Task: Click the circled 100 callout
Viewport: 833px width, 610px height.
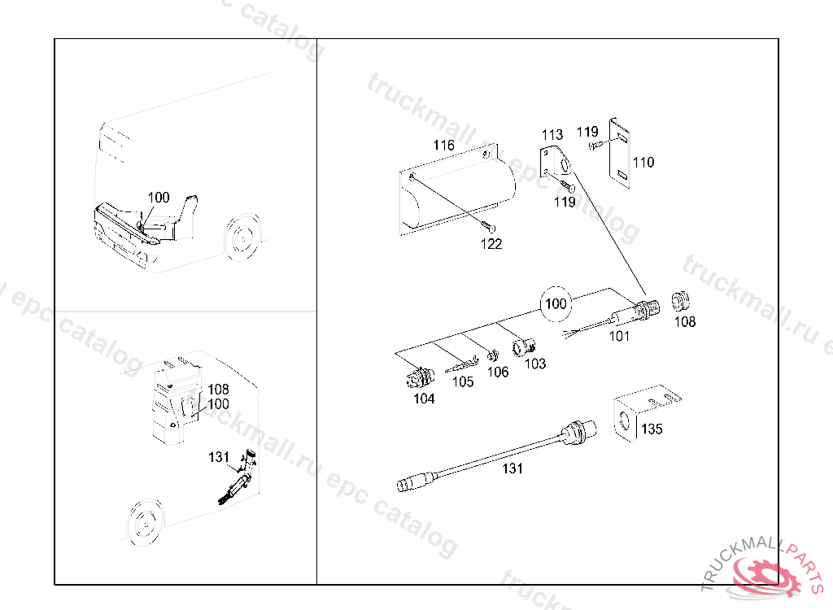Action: coord(556,304)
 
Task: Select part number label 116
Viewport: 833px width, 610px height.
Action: coord(443,146)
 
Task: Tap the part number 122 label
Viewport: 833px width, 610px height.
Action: coord(491,243)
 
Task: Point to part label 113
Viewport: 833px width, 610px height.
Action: coord(552,134)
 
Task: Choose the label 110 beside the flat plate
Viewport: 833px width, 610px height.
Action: coord(643,163)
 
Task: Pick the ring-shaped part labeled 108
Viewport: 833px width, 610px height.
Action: coord(680,303)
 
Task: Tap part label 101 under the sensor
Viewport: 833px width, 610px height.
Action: coord(619,336)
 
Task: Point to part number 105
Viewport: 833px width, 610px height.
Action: coord(463,381)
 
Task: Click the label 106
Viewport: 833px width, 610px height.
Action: coord(498,372)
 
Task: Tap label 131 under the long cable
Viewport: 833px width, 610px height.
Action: coord(512,468)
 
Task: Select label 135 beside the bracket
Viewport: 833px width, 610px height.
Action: coord(652,429)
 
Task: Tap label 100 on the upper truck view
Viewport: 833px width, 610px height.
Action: coord(159,198)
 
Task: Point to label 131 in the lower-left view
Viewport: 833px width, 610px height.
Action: coord(219,458)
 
